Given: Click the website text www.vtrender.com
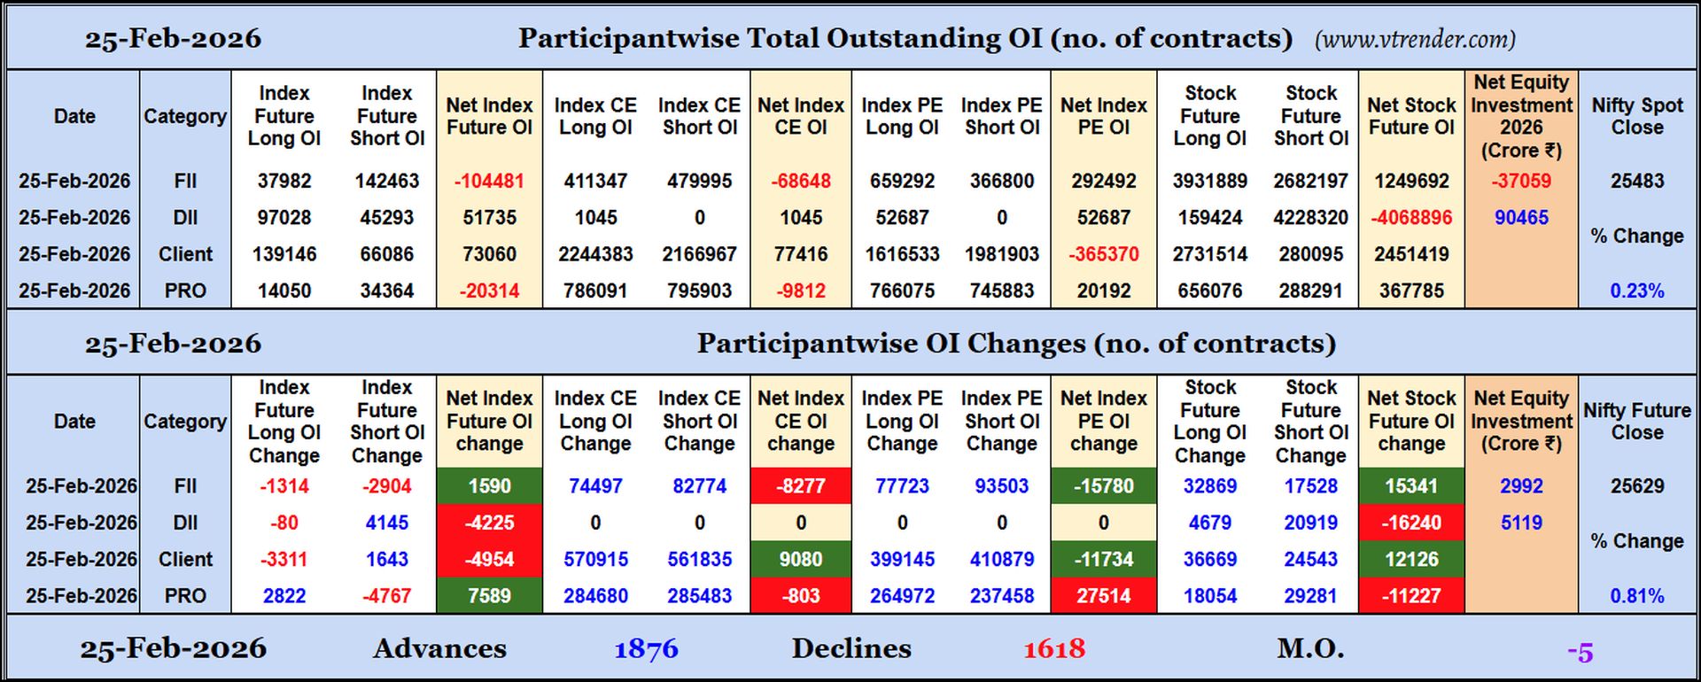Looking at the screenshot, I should (x=1415, y=39).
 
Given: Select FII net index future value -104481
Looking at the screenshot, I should (x=489, y=181).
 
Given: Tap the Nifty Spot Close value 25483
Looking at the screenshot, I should (x=1636, y=181).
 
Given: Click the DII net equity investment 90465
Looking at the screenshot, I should (x=1521, y=217).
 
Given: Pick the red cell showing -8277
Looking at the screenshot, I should (x=801, y=486).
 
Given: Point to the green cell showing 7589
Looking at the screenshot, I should (x=489, y=596).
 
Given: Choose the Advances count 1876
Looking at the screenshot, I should (x=646, y=649).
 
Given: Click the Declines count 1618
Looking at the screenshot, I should (x=1054, y=649).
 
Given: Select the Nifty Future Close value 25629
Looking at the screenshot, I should (x=1636, y=486).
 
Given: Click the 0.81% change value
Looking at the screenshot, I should (x=1636, y=596).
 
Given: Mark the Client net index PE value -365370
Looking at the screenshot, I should (x=1103, y=254).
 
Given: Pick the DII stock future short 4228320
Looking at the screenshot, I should (x=1310, y=217).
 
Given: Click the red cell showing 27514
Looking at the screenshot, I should (x=1103, y=596).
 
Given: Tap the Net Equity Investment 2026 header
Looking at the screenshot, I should (x=1521, y=116).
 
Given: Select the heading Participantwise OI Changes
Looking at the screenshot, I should (x=1015, y=344).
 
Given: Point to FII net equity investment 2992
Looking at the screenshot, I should (x=1521, y=486).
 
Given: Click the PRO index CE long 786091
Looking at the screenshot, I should (x=595, y=291).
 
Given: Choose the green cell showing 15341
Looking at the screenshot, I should (x=1411, y=486).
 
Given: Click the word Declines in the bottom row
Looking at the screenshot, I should (x=850, y=649).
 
